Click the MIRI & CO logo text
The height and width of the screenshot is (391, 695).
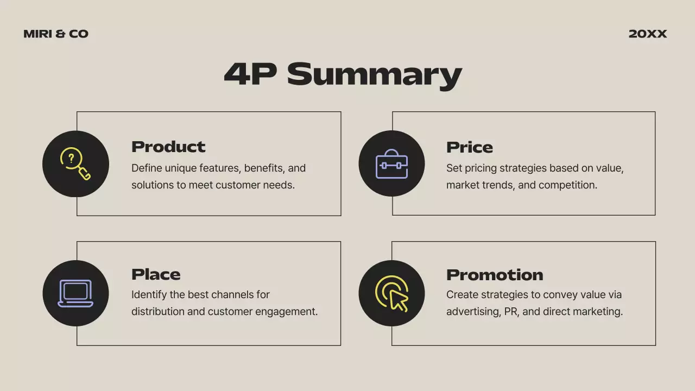pos(56,34)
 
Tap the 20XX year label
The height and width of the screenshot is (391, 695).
pos(647,34)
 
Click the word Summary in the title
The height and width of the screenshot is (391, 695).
pos(374,74)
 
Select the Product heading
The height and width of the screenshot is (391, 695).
pos(168,147)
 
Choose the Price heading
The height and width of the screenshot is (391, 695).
pos(470,147)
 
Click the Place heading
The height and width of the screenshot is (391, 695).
pos(156,274)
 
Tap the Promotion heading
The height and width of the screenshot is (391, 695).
pos(495,275)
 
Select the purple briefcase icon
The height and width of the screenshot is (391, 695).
pos(391,164)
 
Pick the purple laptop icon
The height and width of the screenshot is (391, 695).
pos(75,293)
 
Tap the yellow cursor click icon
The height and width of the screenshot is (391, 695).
pos(392,293)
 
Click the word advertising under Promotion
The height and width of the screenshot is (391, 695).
pos(470,312)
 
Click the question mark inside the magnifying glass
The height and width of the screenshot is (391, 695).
pos(71,159)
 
